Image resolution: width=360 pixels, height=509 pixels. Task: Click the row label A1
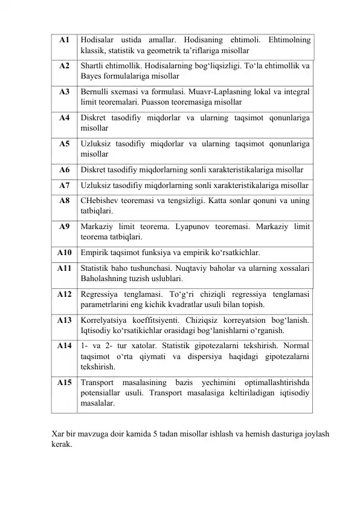[x=64, y=40]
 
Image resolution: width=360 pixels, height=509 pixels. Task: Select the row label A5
[x=64, y=144]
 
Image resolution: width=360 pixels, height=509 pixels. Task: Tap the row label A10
[x=64, y=252]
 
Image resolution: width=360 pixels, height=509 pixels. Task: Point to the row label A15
[x=64, y=382]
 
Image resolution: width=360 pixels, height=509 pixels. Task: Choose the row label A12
[x=64, y=294]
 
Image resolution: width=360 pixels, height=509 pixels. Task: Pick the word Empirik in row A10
[x=94, y=252]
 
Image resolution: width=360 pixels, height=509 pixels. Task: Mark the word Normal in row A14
[x=296, y=346]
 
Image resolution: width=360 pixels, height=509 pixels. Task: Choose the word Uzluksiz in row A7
[x=95, y=184]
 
